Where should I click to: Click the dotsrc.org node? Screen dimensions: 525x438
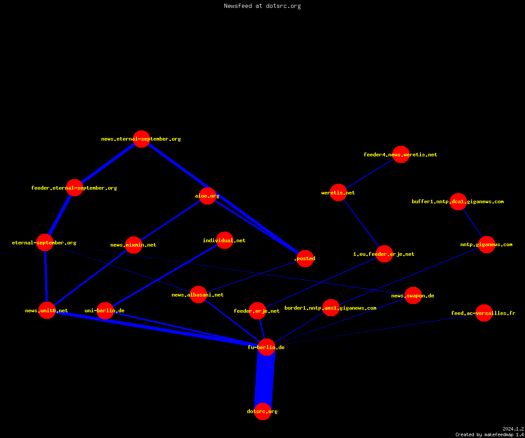coord(262,411)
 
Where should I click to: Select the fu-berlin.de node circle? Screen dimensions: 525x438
coord(266,347)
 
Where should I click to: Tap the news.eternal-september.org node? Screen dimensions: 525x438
coord(142,139)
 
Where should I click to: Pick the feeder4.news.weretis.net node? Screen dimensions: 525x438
coord(401,154)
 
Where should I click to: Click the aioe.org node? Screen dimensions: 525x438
coord(207,196)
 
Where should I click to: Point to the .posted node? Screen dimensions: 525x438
coord(305,258)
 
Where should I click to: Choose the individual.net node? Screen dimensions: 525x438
coord(224,240)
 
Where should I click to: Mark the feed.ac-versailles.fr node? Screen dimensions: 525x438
coord(484,313)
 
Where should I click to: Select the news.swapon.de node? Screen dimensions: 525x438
coord(413,295)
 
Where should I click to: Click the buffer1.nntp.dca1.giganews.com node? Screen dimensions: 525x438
coord(458,201)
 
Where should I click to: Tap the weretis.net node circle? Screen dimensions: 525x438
coord(339,193)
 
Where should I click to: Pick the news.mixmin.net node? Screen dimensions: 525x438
coord(133,245)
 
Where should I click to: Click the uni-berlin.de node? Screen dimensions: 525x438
coord(105,311)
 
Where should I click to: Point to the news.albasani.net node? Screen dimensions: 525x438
coord(198,294)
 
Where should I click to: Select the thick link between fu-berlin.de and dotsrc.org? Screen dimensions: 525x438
coord(265,379)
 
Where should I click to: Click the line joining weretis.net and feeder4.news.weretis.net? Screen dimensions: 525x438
coord(370,173)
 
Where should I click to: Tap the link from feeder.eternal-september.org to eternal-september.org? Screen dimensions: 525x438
coord(60,215)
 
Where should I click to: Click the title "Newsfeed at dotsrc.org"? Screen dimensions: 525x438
coord(262,6)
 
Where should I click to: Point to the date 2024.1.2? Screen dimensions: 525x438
coord(513,429)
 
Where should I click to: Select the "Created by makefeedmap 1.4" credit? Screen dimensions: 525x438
coord(490,434)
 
